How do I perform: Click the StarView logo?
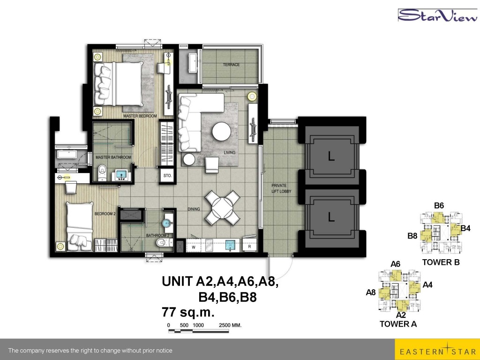437,15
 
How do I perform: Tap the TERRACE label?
231,65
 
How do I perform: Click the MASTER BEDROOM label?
140,116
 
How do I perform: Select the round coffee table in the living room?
222,132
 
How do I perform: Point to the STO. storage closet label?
167,176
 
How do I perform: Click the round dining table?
222,208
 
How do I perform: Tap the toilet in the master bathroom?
102,172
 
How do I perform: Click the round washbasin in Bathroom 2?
167,222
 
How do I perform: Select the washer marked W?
194,247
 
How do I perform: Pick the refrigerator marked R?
250,246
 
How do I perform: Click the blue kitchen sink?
231,245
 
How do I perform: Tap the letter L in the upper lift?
331,157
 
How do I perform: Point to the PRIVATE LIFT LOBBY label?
281,188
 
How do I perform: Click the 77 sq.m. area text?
188,313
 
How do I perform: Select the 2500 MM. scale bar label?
230,325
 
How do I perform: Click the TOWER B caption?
441,262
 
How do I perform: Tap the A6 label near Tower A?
396,264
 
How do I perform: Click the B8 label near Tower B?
412,236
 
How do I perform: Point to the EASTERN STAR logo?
437,350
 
